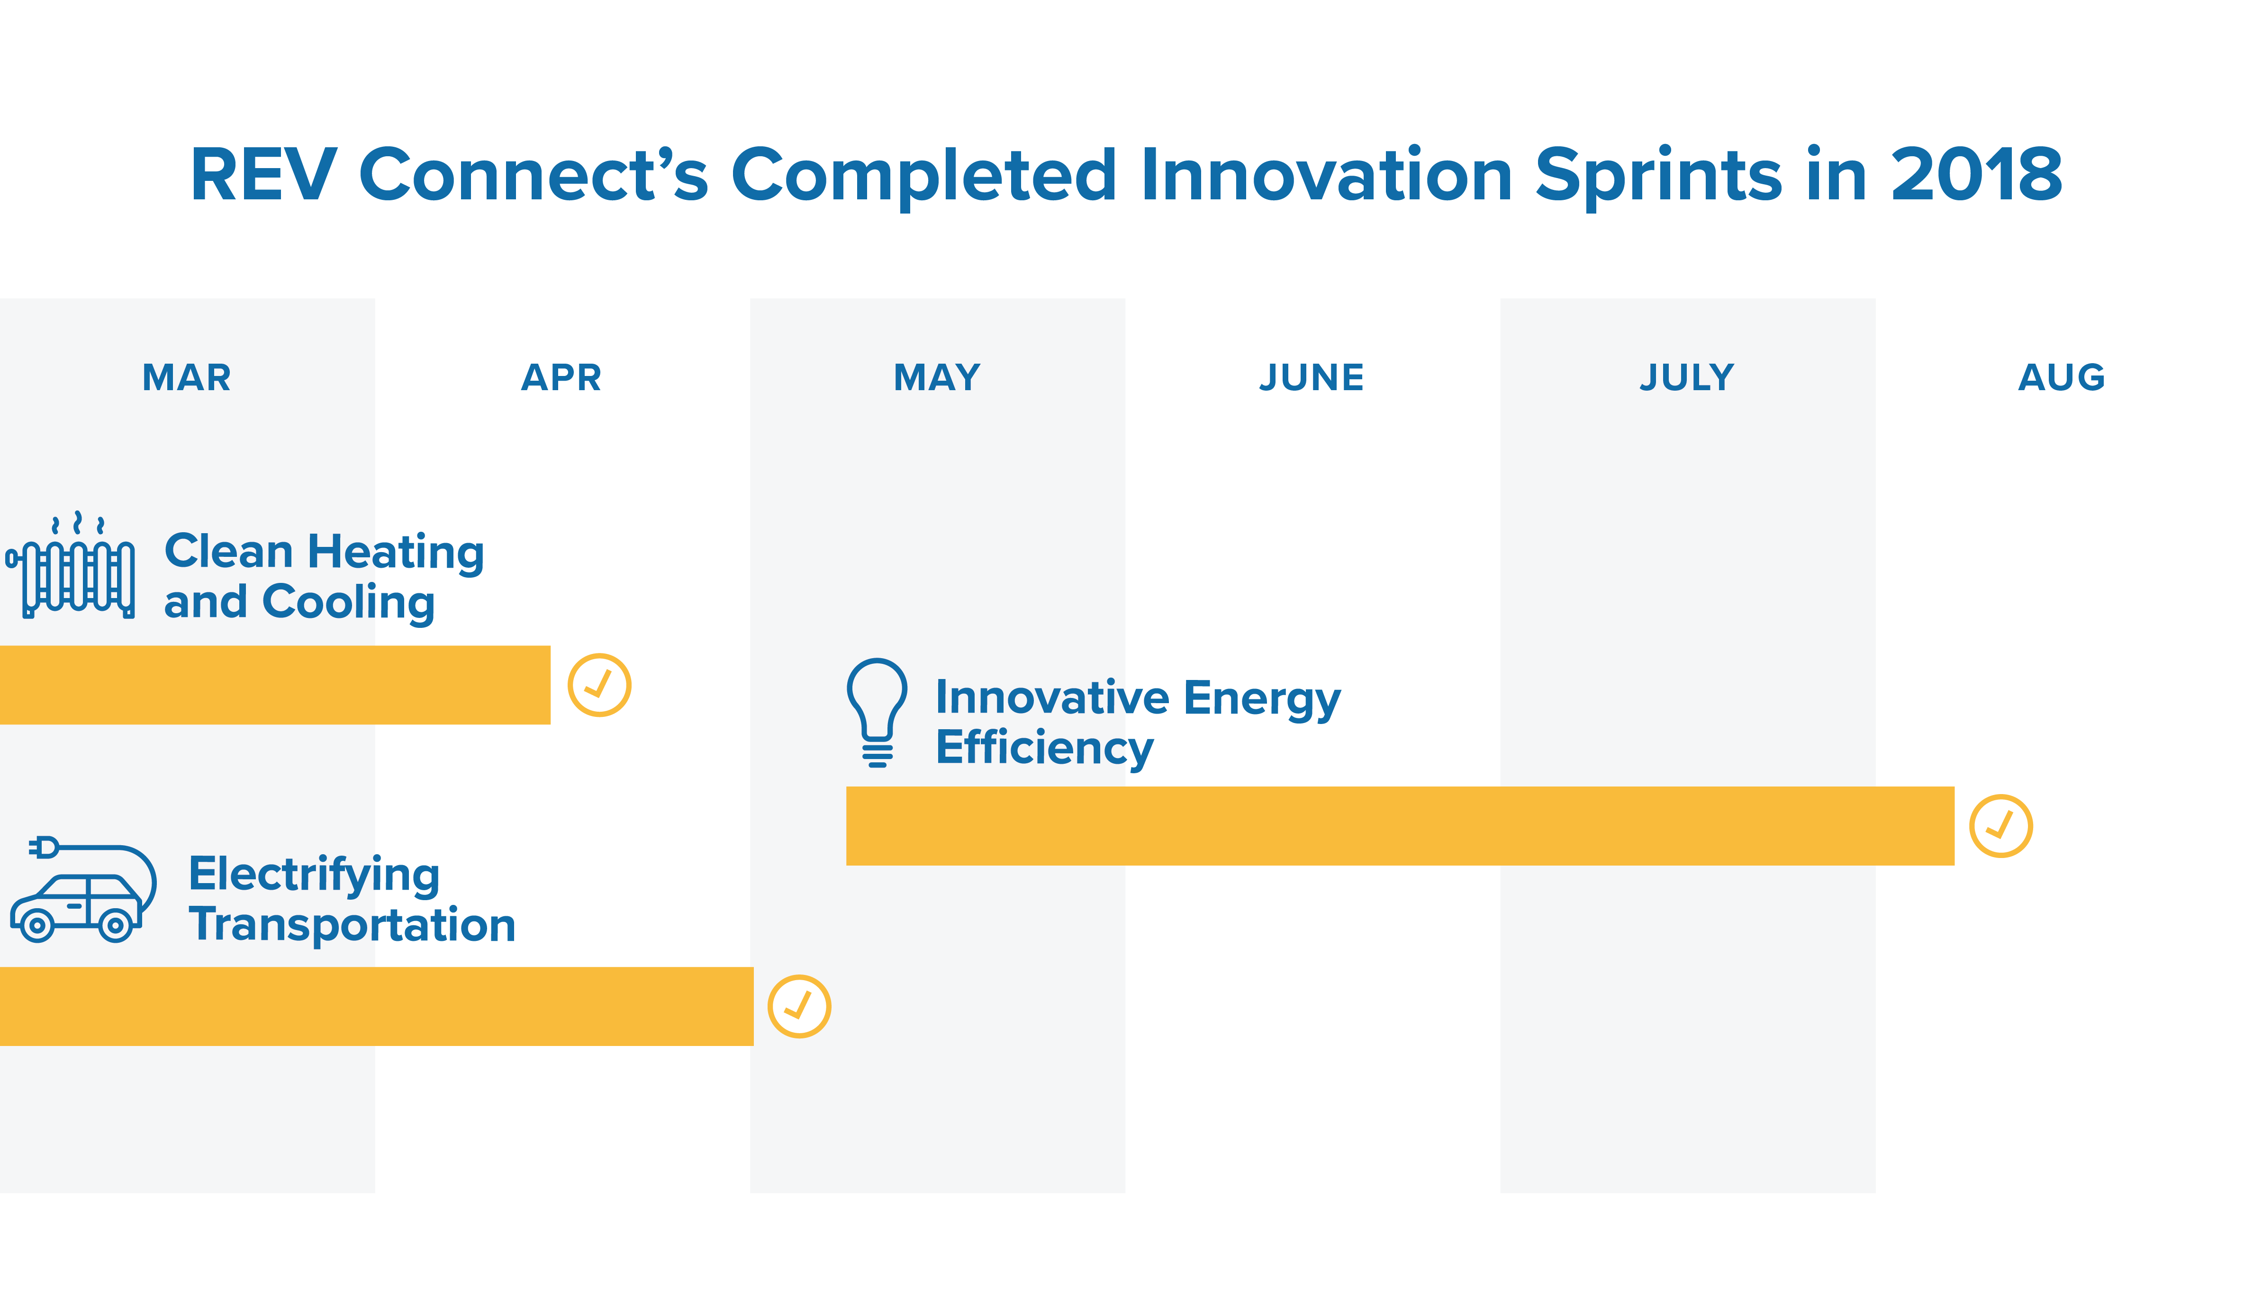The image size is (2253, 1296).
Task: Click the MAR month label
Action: coord(187,377)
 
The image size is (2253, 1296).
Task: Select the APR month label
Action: coord(562,377)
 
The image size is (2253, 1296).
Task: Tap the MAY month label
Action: coord(937,377)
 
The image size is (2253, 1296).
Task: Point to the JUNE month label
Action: coord(1312,377)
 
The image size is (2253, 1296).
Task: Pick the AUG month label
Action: coord(2062,377)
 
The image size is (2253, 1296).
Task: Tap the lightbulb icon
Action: coord(877,712)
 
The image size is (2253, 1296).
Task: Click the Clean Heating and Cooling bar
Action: coord(275,685)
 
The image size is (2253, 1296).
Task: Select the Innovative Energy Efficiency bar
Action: coord(1400,826)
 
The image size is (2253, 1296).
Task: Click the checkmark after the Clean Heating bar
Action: coord(599,685)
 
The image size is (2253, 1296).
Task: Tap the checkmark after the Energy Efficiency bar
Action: coord(2001,826)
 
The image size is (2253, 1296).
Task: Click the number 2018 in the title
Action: coord(1976,174)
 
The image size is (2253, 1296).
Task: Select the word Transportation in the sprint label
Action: coord(353,926)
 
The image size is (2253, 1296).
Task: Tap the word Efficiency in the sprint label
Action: coord(1045,748)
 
